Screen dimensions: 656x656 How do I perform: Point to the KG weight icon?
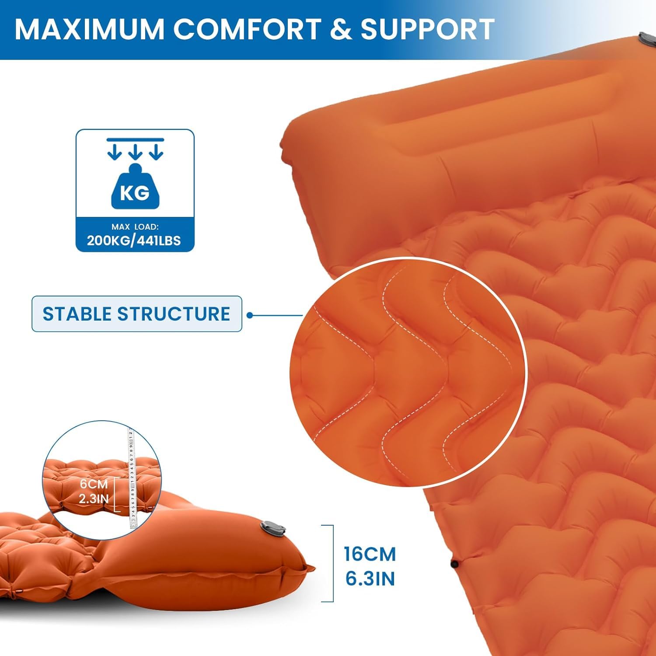135,188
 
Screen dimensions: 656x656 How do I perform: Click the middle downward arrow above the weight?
135,152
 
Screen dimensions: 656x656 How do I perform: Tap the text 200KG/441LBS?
134,241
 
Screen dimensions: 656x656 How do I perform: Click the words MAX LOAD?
135,227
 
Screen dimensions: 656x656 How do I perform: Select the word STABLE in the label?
77,314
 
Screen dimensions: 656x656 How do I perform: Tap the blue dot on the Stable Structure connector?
250,315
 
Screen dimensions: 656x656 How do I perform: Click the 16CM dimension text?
370,554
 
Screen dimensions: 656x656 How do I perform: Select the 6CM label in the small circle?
93,484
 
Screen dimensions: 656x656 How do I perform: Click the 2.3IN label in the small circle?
94,498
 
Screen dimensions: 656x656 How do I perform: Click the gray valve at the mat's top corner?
647,39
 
